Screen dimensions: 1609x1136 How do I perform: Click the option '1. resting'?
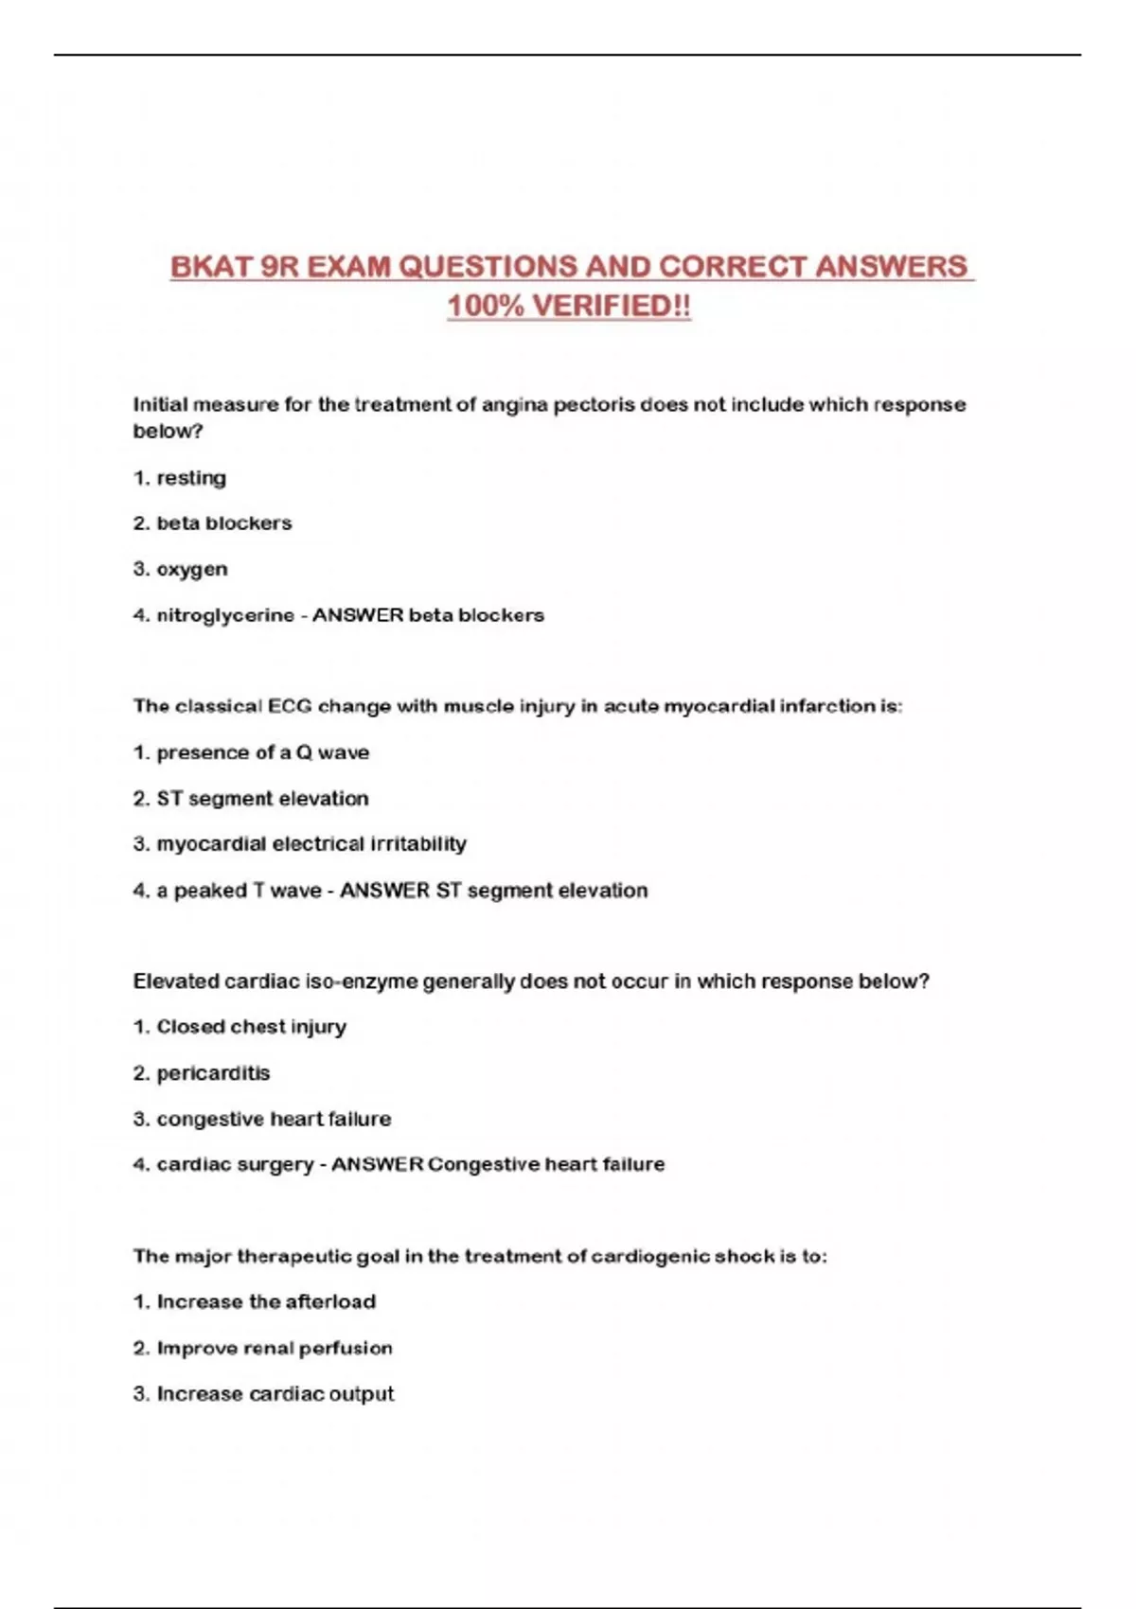180,478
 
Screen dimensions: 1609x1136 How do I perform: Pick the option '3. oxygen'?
181,570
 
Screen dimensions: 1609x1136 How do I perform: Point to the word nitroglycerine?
225,615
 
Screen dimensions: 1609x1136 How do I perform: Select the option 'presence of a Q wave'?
262,753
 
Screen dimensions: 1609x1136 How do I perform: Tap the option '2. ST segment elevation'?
251,799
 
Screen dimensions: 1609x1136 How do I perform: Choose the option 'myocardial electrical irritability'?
311,844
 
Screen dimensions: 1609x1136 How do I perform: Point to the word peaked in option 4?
210,891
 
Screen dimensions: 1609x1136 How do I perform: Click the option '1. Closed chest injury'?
240,1027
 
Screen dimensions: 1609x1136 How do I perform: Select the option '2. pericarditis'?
202,1073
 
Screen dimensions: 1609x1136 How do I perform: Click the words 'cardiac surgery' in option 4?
235,1164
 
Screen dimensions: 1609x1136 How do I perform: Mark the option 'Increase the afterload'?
266,1302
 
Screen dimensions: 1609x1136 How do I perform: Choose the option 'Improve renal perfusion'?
275,1348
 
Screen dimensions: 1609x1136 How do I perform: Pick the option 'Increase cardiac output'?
275,1394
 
